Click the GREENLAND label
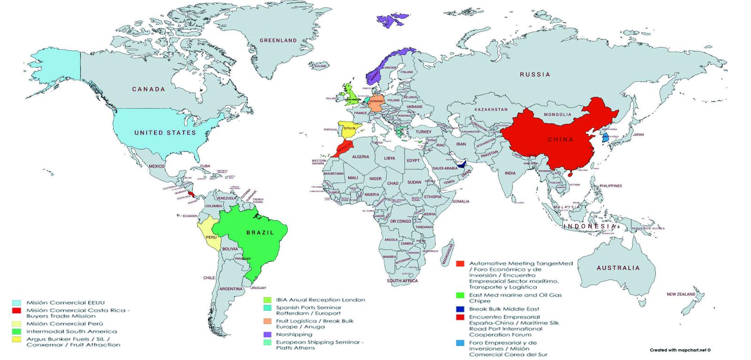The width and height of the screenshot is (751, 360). pyautogui.click(x=278, y=40)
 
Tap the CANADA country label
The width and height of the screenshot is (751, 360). pyautogui.click(x=148, y=89)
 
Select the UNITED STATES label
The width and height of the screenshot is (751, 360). pyautogui.click(x=165, y=133)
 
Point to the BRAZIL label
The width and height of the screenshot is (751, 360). pyautogui.click(x=260, y=233)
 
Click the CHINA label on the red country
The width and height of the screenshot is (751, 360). pyautogui.click(x=561, y=139)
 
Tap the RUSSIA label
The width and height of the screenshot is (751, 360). pyautogui.click(x=535, y=74)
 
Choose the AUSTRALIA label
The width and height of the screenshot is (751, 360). pyautogui.click(x=618, y=268)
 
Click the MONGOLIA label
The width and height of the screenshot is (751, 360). pyautogui.click(x=558, y=115)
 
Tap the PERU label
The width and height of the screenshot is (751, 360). pyautogui.click(x=211, y=237)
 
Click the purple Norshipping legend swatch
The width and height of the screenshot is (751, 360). pyautogui.click(x=268, y=335)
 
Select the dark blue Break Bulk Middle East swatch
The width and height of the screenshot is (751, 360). pyautogui.click(x=460, y=309)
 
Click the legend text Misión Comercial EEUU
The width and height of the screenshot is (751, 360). pyautogui.click(x=65, y=303)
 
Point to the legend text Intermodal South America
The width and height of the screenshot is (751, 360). pyautogui.click(x=71, y=331)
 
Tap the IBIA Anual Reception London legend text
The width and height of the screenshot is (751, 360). pyautogui.click(x=320, y=300)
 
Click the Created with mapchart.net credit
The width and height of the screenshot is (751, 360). pyautogui.click(x=680, y=350)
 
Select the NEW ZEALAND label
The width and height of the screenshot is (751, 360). pyautogui.click(x=681, y=294)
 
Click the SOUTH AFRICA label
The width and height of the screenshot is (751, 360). pyautogui.click(x=402, y=281)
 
